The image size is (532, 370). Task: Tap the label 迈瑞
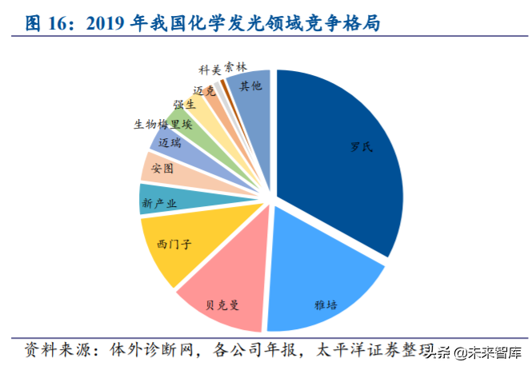click(x=169, y=143)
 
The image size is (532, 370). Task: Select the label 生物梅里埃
click(x=163, y=125)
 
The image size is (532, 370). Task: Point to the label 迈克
click(x=205, y=91)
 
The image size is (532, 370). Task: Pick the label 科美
click(x=210, y=70)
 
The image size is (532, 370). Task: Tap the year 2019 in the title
click(x=106, y=24)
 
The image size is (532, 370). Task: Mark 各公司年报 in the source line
click(x=256, y=350)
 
